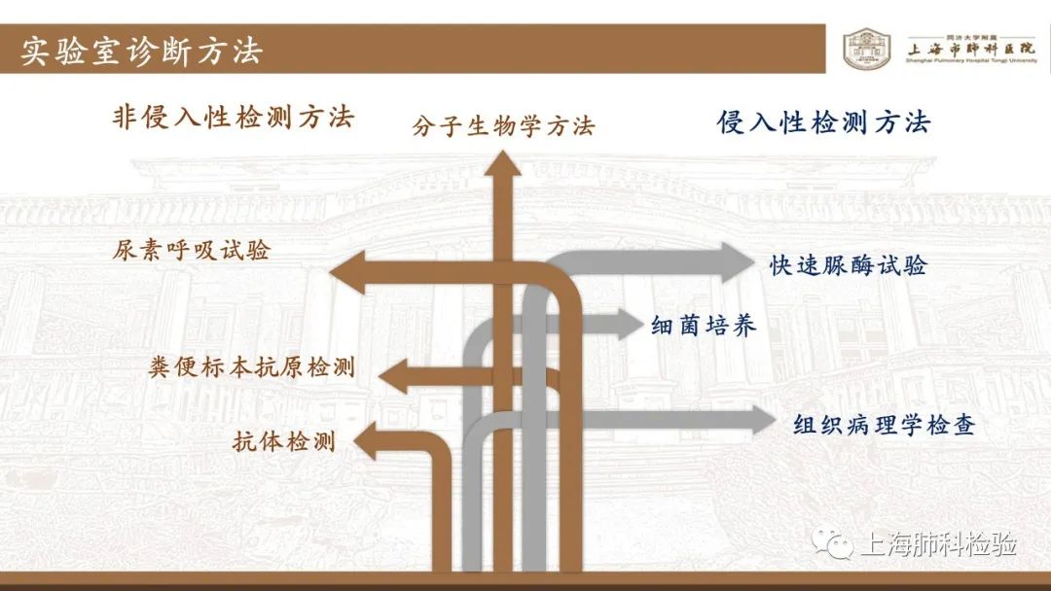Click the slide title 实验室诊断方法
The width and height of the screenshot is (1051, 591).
coord(142,51)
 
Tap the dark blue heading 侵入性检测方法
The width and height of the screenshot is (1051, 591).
coord(823,122)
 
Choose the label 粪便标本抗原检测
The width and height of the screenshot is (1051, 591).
coord(251,367)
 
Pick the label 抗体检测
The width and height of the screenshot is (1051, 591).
coord(284,440)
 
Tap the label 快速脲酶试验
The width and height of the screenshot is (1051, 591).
coord(849,265)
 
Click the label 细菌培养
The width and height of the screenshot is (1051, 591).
coord(704,326)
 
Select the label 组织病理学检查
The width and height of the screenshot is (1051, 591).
coord(884,425)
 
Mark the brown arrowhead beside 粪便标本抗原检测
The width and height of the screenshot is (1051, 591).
coord(394,376)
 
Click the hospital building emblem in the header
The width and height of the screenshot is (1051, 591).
coord(868,49)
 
